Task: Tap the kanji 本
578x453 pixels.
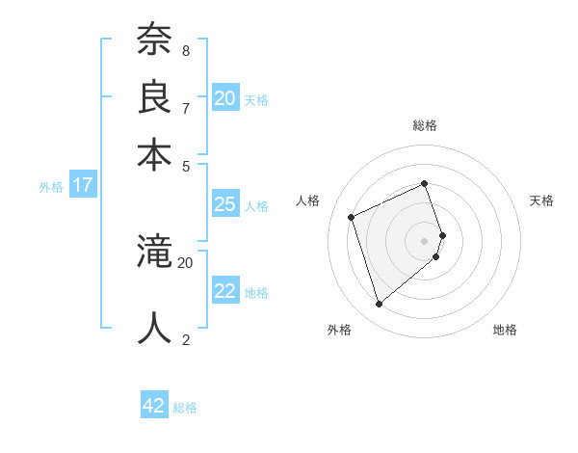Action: [x=155, y=153]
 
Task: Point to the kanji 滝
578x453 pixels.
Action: [x=155, y=253]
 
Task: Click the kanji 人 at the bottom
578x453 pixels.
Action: [x=155, y=329]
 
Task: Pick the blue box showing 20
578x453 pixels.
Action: [x=225, y=97]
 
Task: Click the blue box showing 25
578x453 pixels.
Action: [x=225, y=204]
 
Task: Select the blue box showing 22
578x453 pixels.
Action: [x=225, y=291]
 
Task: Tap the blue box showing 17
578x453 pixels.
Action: [x=83, y=185]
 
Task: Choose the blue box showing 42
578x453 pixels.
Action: [x=154, y=406]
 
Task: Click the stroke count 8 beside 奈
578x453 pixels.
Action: [x=186, y=50]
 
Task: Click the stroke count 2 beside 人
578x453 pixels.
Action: [x=186, y=339]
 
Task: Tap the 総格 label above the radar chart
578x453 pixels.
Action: [x=425, y=125]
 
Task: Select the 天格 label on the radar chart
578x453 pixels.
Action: [x=541, y=200]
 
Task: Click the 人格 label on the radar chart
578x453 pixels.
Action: [x=308, y=200]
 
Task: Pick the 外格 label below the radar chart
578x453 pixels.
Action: [x=339, y=330]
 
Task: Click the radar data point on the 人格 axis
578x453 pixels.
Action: [x=352, y=217]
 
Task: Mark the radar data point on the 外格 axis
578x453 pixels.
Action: [x=380, y=305]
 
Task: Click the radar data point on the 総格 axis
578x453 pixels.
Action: [x=425, y=183]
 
